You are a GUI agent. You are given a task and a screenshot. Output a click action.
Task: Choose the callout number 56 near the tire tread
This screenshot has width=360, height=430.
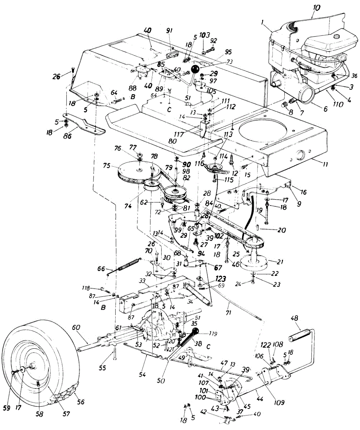(81, 402)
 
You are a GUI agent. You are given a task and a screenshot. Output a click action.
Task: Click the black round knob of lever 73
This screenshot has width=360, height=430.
(195, 69)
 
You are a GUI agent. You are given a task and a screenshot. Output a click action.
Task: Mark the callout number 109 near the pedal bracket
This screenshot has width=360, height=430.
(279, 402)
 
